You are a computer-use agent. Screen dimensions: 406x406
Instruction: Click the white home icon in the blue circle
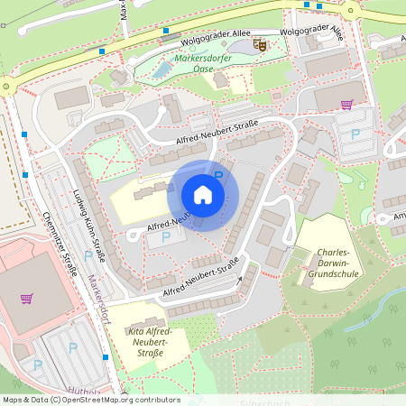[x=203, y=195]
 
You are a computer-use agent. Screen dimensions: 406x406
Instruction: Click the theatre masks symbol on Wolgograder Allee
[x=261, y=43]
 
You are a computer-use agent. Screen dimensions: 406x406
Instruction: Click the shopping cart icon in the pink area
[x=27, y=299]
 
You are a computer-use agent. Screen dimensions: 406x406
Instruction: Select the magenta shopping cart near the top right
[x=346, y=105]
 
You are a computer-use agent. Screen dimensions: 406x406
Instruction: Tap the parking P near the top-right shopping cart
[x=355, y=134]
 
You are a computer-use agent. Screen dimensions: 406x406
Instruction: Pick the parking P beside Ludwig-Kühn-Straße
[x=88, y=257]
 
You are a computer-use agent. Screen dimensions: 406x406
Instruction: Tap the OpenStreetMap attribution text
[x=90, y=400]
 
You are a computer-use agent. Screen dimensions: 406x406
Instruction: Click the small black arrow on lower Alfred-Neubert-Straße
[x=240, y=280]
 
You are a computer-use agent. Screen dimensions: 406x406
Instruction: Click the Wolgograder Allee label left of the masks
[x=217, y=32]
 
